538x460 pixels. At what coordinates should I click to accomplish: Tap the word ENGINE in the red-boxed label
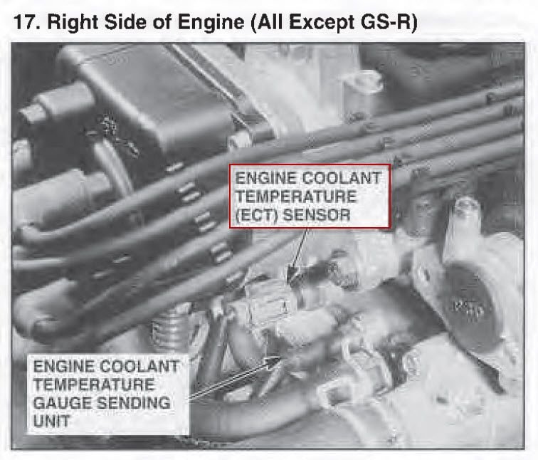(260, 178)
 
